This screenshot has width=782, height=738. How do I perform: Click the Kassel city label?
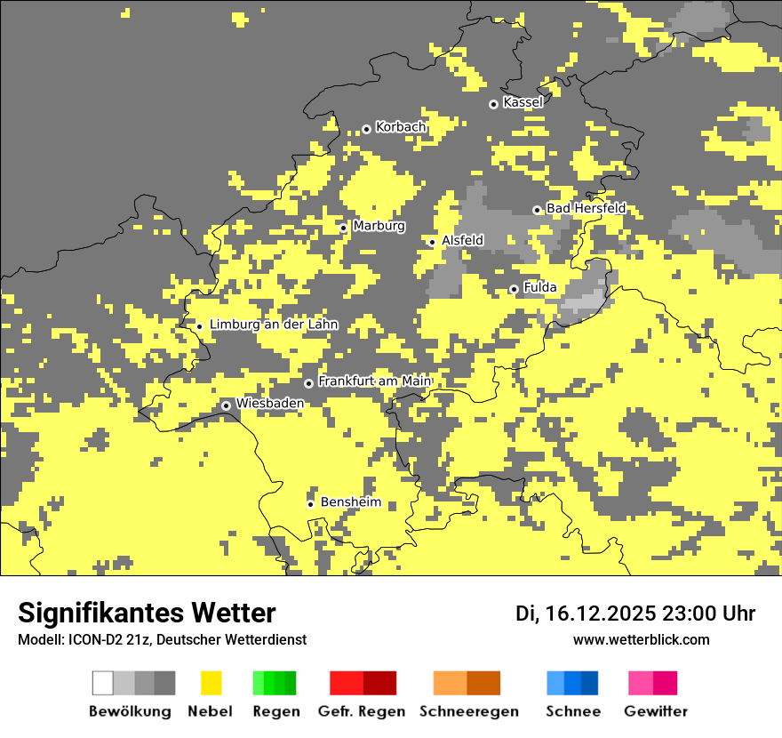(523, 102)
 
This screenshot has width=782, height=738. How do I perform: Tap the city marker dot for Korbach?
(366, 129)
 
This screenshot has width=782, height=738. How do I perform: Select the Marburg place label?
(379, 226)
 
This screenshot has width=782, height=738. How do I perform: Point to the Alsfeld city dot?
(432, 242)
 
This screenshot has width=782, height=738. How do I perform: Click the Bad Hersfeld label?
(586, 208)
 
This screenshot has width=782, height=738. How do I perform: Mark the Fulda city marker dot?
(514, 289)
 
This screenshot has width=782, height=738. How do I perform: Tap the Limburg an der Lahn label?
(273, 325)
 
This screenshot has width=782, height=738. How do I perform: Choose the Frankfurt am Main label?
(374, 381)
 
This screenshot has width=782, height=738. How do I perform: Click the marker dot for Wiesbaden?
(227, 405)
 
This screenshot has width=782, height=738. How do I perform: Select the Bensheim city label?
(350, 502)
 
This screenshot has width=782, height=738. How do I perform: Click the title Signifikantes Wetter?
(147, 614)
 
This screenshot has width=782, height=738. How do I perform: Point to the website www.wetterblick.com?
(641, 639)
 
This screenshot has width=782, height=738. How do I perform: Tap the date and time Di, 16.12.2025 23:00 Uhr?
(635, 614)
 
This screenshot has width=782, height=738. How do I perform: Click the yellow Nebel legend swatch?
(211, 683)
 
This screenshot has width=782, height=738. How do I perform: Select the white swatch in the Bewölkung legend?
(103, 683)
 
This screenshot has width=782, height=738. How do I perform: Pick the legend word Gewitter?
(656, 711)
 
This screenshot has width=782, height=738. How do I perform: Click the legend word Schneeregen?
(468, 711)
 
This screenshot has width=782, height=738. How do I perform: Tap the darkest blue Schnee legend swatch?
(589, 683)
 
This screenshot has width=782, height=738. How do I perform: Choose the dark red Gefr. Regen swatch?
(379, 683)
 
